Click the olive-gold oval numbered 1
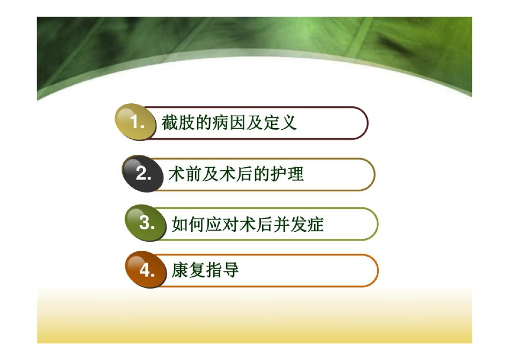click(135, 122)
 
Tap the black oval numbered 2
click(142, 174)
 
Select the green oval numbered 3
click(145, 223)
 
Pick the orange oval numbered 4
click(145, 269)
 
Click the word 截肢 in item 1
click(178, 123)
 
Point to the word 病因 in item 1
click(229, 123)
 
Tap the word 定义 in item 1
click(280, 123)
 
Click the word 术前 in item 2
click(185, 174)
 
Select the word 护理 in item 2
click(287, 174)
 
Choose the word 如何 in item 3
click(188, 224)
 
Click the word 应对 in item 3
click(222, 224)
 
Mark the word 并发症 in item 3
click(298, 224)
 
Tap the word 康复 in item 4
click(188, 270)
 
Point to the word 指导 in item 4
click(222, 270)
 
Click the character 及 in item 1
click(254, 123)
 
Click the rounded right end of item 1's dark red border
click(367, 123)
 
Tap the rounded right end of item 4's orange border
click(378, 271)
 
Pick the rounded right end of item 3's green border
click(378, 224)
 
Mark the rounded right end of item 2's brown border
click(375, 174)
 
